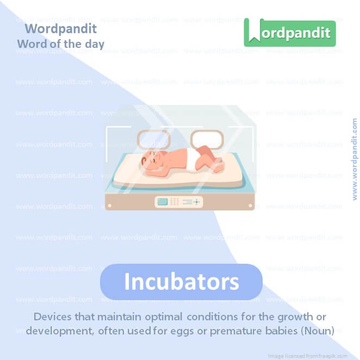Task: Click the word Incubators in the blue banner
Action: pyautogui.click(x=181, y=282)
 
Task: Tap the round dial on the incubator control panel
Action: pyautogui.click(x=197, y=201)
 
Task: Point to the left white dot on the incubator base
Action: pyautogui.click(x=110, y=206)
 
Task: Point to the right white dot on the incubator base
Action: pyautogui.click(x=250, y=206)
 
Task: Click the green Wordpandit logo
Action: pyautogui.click(x=289, y=33)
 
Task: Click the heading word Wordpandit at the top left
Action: pyautogui.click(x=60, y=28)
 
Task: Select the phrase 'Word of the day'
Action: pyautogui.click(x=60, y=44)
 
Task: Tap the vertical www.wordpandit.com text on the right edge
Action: pyautogui.click(x=355, y=159)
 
